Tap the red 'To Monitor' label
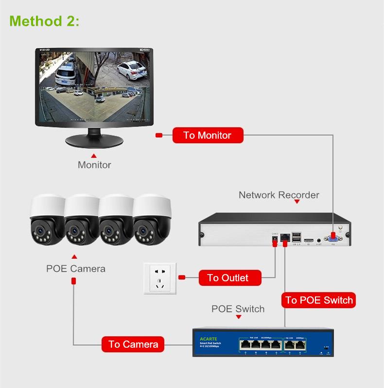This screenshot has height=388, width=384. (x=208, y=135)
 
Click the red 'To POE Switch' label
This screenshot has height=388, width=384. (x=319, y=300)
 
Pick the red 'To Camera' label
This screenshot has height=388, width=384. (x=133, y=344)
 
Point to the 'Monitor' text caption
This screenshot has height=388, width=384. (x=94, y=165)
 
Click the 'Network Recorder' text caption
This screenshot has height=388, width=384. (x=279, y=195)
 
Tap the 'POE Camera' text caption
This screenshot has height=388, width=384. (x=75, y=269)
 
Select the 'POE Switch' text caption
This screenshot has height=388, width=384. (x=238, y=309)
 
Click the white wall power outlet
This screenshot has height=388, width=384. (x=159, y=278)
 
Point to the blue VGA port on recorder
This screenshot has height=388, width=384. (x=333, y=238)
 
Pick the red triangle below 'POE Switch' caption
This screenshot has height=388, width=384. (x=238, y=318)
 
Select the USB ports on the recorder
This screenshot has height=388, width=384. (x=297, y=237)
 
